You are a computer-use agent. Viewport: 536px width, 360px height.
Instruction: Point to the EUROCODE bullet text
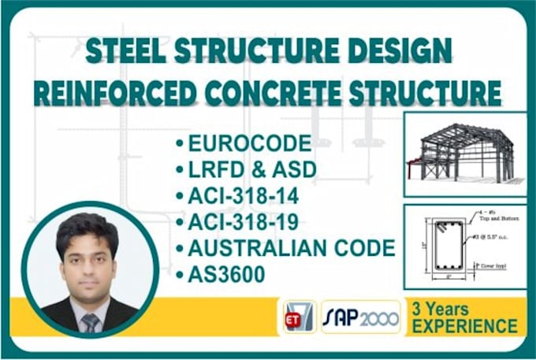250,144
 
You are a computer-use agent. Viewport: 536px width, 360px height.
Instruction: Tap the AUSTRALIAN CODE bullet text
291,248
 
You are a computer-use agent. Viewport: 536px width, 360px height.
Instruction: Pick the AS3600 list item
231,274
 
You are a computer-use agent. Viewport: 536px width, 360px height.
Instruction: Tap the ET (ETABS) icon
298,317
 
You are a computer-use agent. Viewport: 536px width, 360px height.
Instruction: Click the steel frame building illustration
465,153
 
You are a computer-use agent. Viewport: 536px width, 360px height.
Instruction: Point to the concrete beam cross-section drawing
452,245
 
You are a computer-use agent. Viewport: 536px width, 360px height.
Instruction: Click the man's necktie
91,321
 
